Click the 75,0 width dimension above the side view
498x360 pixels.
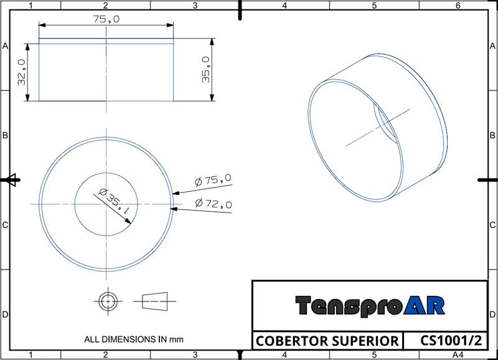tap(106, 19)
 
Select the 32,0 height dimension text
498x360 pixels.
tap(22, 72)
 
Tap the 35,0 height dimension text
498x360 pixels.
tap(206, 70)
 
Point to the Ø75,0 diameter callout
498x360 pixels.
tap(213, 180)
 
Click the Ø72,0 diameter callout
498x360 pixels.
tap(214, 203)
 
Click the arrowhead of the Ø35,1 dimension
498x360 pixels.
tap(128, 221)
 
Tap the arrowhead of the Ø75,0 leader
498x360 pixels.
tap(176, 192)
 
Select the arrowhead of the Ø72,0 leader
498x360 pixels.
tap(174, 209)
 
